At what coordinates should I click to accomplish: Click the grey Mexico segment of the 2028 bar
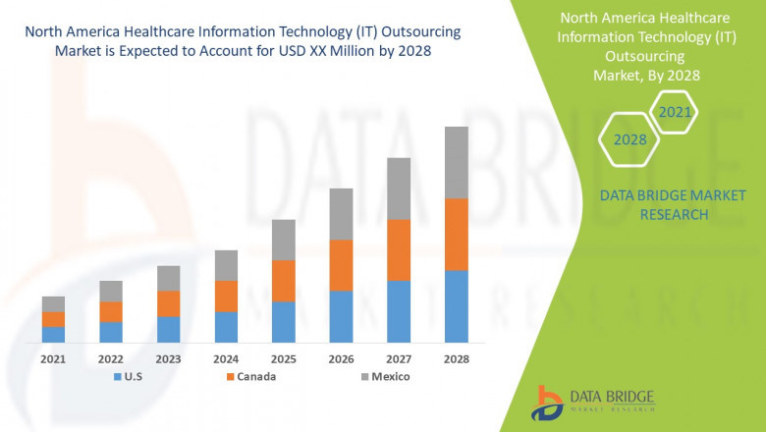tap(457, 162)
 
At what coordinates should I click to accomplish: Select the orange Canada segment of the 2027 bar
tap(399, 249)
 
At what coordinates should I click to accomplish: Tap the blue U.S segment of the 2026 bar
tap(341, 315)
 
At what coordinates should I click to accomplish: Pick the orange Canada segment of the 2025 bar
tap(283, 280)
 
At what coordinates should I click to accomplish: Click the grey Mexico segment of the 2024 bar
tap(226, 265)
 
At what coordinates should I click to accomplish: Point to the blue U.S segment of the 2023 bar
tap(168, 329)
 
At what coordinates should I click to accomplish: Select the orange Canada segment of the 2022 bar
tap(111, 311)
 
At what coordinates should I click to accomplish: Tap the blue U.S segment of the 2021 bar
tap(53, 334)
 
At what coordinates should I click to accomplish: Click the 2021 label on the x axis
tap(53, 359)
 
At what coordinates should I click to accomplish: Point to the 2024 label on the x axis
tap(226, 359)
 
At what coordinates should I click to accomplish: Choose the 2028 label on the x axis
tap(457, 359)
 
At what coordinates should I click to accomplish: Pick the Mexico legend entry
tap(383, 376)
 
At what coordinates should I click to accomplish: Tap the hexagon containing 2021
tap(675, 112)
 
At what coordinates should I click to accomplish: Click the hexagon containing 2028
tap(629, 139)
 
